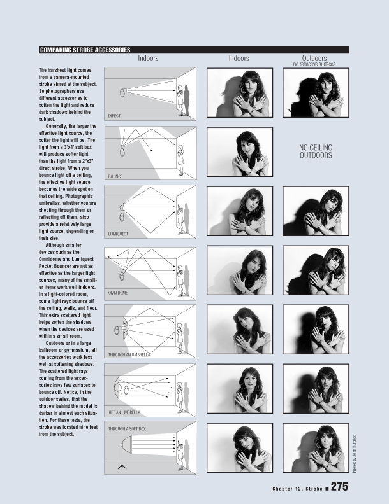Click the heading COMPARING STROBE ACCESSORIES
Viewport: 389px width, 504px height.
85,50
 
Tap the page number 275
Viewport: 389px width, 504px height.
339,486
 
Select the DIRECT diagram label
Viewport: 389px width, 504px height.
114,116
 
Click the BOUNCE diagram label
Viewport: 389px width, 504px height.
115,176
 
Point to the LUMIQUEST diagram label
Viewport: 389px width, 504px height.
118,234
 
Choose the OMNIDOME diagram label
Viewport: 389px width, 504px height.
118,293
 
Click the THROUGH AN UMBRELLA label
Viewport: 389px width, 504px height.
129,355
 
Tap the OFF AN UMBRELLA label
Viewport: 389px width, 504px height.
124,412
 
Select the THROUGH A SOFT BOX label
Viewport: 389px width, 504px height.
127,429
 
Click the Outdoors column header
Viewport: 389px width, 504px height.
314,58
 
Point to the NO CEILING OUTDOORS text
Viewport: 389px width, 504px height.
316,151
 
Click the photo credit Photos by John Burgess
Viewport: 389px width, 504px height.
355,454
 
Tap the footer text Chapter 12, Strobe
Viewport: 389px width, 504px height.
298,489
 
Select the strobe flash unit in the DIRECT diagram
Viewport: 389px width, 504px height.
122,92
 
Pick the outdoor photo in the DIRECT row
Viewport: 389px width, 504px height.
316,92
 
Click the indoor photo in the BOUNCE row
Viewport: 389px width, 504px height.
240,151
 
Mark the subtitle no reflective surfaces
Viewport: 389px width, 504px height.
314,64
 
